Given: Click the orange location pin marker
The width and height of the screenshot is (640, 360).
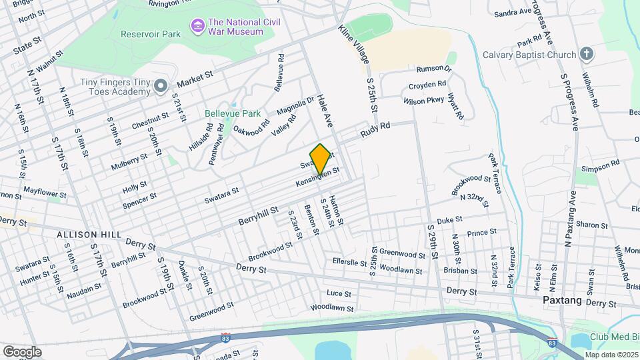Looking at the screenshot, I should click(x=321, y=158).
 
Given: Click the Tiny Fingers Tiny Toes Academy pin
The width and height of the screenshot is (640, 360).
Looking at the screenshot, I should click(x=160, y=86).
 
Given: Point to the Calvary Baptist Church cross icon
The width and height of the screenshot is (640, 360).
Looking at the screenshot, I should click(x=586, y=53).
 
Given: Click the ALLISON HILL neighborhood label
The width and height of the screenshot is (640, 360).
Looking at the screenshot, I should click(x=88, y=235).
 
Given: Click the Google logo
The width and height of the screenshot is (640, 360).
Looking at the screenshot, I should click(x=23, y=351).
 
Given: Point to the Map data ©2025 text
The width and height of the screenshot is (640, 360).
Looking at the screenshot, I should click(x=611, y=354).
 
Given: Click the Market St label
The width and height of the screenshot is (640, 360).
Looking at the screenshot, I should click(x=194, y=81).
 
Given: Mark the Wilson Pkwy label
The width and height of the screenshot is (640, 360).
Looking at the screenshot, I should click(x=423, y=101).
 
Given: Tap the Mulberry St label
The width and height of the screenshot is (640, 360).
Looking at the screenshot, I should click(x=129, y=162).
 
